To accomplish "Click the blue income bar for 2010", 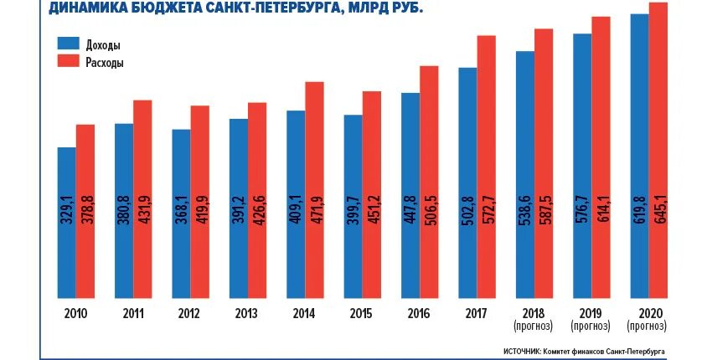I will pyautogui.click(x=67, y=222).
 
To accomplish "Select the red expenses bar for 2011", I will pyautogui.click(x=142, y=198).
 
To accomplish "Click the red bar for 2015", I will pyautogui.click(x=371, y=194).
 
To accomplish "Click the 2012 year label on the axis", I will pyautogui.click(x=190, y=313).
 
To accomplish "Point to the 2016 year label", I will pyautogui.click(x=419, y=313).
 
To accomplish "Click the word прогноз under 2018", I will pyautogui.click(x=534, y=325).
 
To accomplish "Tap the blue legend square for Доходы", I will pyautogui.click(x=68, y=44).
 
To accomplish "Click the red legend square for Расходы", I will pyautogui.click(x=68, y=61).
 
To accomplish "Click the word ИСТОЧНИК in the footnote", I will pyautogui.click(x=522, y=352).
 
